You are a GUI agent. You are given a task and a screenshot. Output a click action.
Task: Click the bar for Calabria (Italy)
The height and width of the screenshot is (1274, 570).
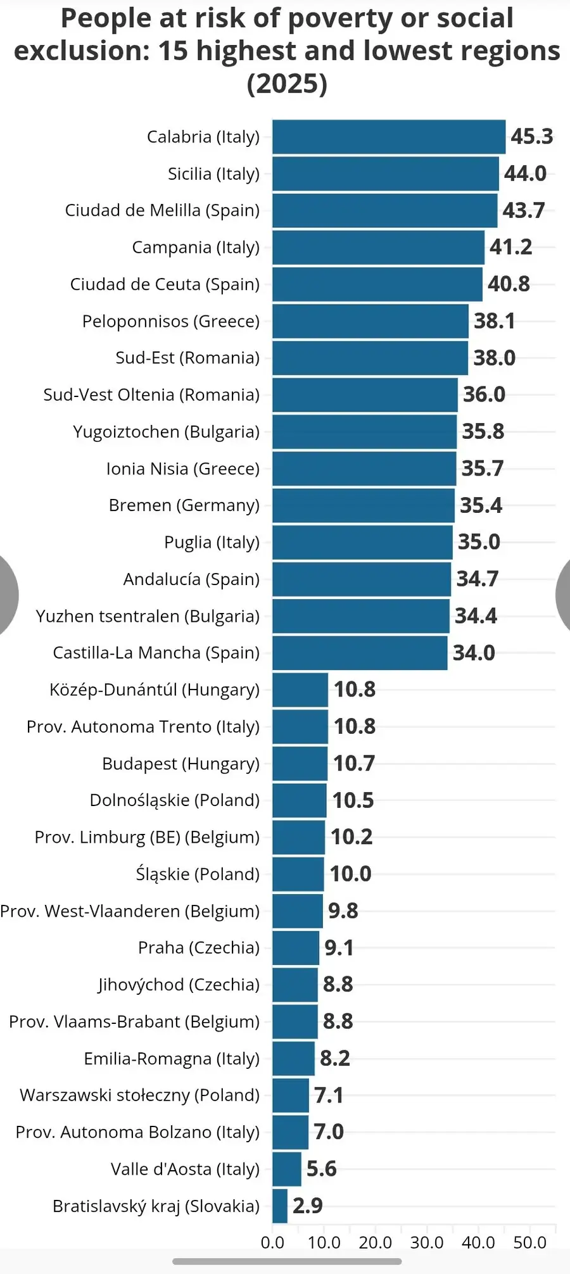tap(389, 137)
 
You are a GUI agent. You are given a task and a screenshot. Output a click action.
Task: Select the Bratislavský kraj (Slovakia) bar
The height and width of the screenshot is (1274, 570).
tap(280, 1206)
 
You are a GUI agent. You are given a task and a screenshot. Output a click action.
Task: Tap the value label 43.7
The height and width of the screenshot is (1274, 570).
tap(524, 210)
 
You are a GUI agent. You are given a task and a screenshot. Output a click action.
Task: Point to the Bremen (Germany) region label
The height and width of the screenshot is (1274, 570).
tap(184, 505)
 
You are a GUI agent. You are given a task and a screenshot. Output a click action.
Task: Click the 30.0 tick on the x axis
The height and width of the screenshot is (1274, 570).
tap(427, 1242)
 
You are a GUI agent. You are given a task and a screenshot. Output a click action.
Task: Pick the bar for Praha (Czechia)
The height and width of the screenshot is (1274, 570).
tap(296, 948)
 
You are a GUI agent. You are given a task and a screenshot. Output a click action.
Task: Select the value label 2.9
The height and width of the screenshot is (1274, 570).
tap(308, 1206)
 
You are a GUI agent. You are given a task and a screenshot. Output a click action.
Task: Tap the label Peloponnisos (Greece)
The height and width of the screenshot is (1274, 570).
tap(171, 321)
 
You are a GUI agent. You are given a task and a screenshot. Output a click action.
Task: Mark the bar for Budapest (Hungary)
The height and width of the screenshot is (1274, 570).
tap(300, 764)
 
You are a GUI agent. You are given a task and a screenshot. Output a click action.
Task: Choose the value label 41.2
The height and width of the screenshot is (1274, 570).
tap(511, 247)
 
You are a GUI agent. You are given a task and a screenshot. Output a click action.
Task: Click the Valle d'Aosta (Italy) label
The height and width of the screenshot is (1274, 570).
tap(186, 1169)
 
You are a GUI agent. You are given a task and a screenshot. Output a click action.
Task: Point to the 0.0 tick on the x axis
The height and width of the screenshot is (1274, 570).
tap(272, 1242)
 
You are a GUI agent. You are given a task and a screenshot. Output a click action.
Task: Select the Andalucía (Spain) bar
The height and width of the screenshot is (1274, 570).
tap(362, 579)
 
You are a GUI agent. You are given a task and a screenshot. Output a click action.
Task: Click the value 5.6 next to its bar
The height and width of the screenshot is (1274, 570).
tap(322, 1169)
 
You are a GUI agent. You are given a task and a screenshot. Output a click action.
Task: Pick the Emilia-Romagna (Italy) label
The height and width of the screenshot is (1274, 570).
tap(172, 1059)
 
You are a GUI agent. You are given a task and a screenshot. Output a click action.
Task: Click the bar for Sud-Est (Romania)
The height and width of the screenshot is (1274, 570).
tap(370, 358)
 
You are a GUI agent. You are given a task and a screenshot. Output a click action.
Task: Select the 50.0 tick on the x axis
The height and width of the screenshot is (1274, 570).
tap(530, 1242)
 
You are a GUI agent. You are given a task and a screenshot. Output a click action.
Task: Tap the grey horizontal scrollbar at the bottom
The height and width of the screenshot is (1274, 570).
tap(287, 1261)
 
